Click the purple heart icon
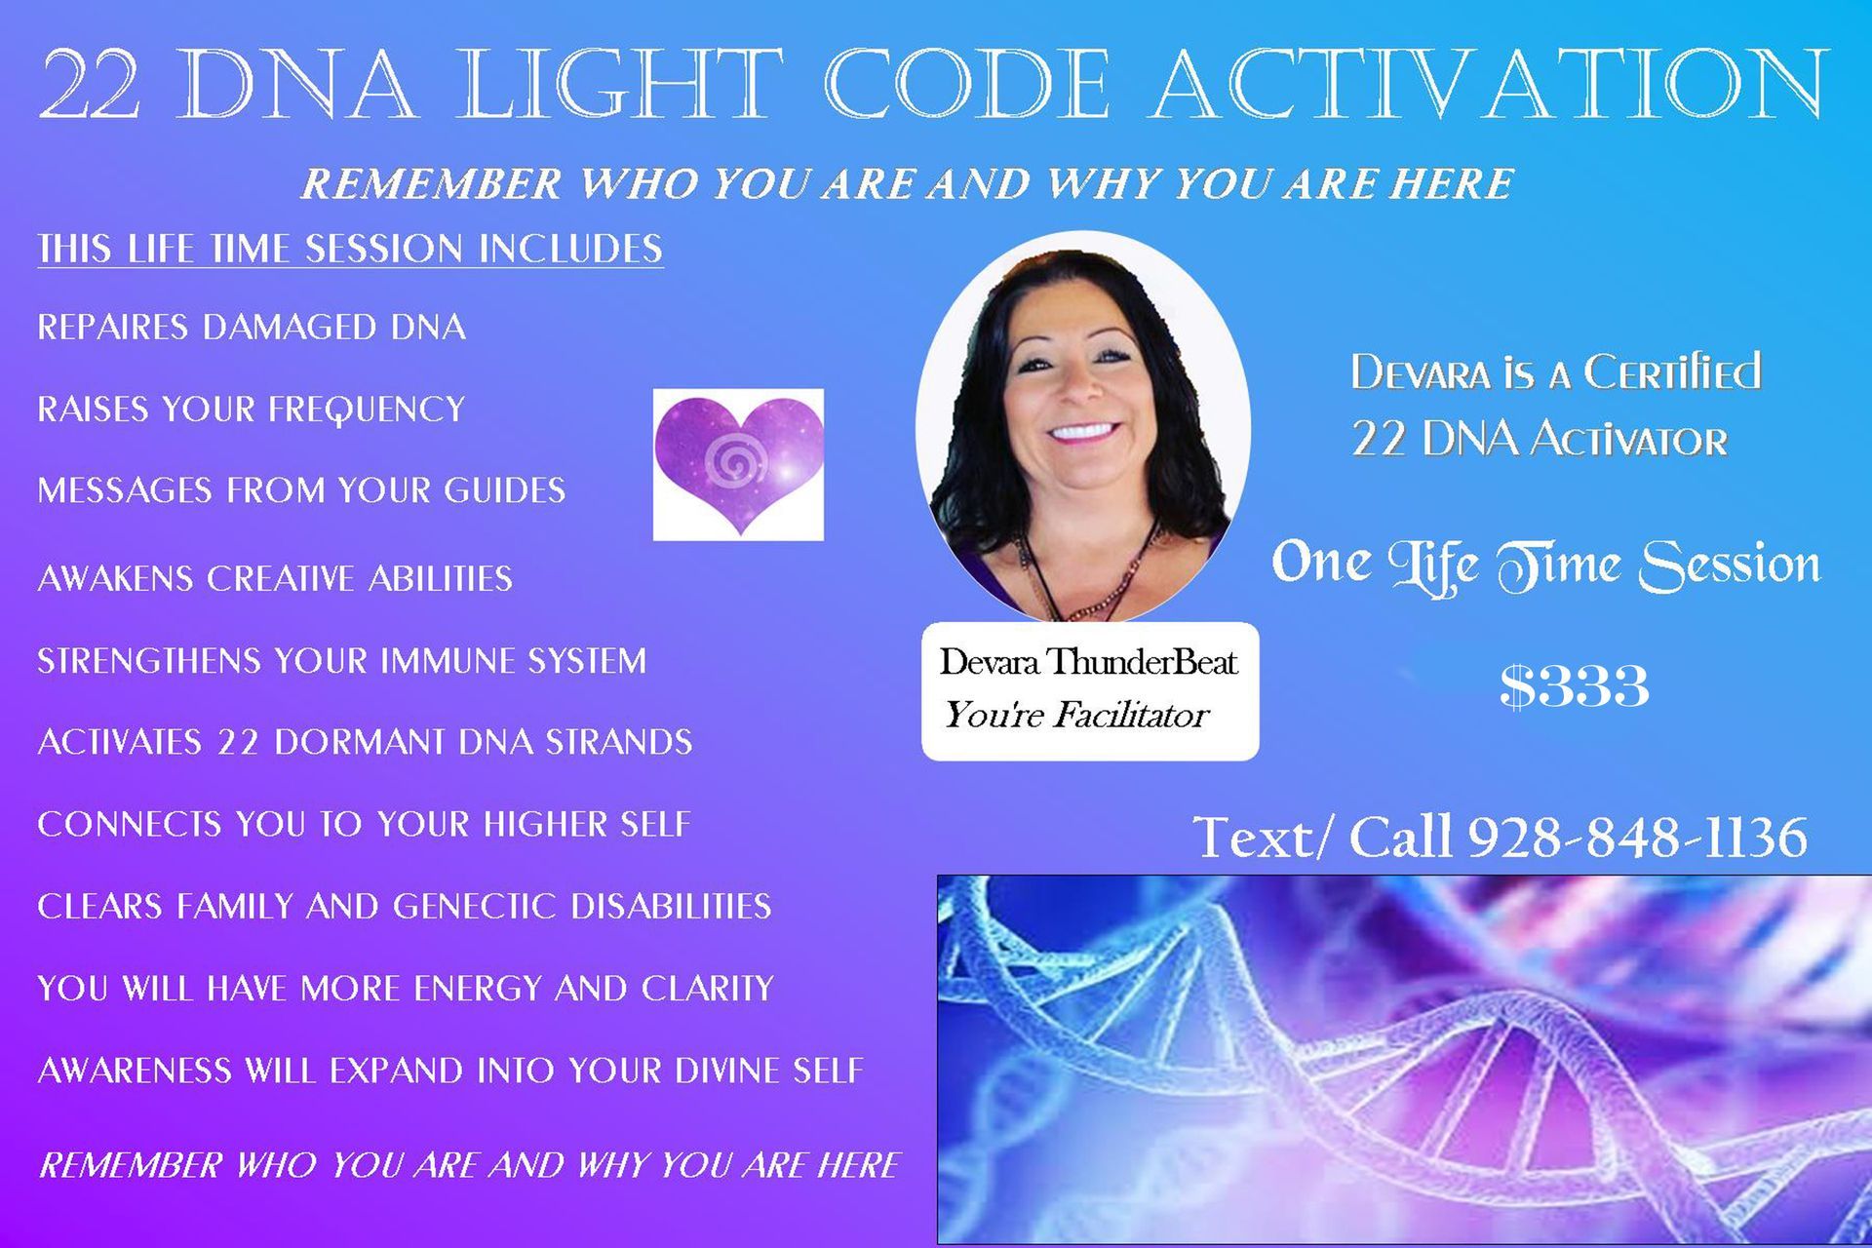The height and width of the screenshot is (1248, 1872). tap(738, 465)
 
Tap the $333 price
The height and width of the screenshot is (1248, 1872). tap(1574, 686)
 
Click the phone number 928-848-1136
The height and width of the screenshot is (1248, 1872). tap(1637, 837)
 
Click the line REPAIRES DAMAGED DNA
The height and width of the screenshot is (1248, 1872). tap(252, 327)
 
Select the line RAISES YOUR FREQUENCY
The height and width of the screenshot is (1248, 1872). tap(252, 409)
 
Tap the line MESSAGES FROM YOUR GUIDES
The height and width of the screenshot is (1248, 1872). tap(301, 489)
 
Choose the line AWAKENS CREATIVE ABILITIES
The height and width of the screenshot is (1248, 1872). tap(275, 578)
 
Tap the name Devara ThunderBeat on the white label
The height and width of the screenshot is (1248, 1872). tap(1088, 662)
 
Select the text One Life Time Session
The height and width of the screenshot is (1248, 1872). tap(1545, 565)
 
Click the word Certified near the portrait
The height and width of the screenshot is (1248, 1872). tap(1671, 372)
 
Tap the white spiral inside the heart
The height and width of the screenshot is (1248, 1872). tap(728, 461)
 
